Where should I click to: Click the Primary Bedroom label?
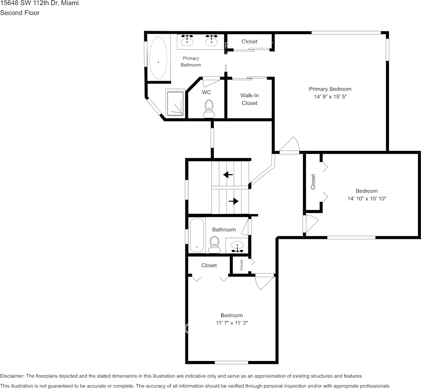[x=330, y=89]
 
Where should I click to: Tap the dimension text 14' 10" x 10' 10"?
[x=367, y=198]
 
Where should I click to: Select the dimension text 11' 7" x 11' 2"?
[x=231, y=323]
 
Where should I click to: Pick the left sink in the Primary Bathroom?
[x=188, y=39]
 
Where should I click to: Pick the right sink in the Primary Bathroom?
[x=212, y=39]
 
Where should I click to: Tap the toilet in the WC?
[x=209, y=108]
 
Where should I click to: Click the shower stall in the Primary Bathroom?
[x=176, y=103]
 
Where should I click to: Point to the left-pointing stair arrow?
[x=228, y=174]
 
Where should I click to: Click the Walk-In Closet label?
[x=249, y=99]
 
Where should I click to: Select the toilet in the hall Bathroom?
[x=214, y=245]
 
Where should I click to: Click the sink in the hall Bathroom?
[x=237, y=246]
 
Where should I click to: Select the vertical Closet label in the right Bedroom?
[x=313, y=182]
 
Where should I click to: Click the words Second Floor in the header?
[x=20, y=13]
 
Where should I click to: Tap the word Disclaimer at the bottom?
[x=12, y=376]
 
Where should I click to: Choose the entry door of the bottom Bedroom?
[x=264, y=282]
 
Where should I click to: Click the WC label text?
[x=206, y=93]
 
